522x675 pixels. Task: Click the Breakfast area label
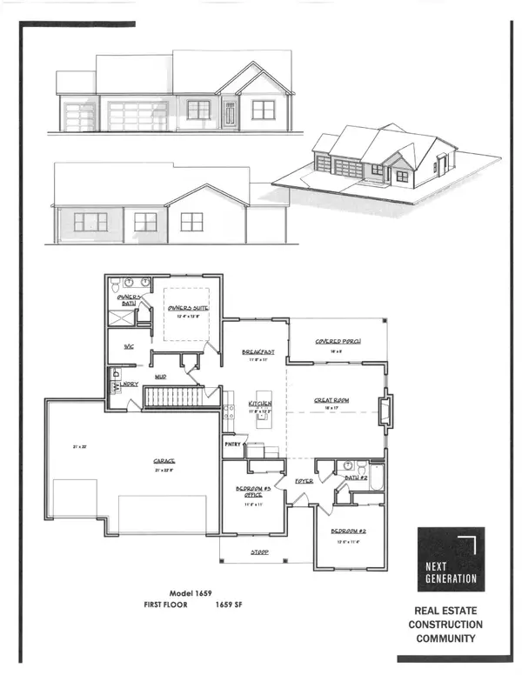[x=258, y=351]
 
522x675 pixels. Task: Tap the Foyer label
[x=304, y=480]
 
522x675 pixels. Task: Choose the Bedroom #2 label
[x=347, y=531]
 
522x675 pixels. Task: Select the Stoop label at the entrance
[x=259, y=553]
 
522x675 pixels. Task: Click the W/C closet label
[x=128, y=346]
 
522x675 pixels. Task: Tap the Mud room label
[x=161, y=377]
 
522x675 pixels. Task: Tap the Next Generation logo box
[x=451, y=559]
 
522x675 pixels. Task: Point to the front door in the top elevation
[x=230, y=114]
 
